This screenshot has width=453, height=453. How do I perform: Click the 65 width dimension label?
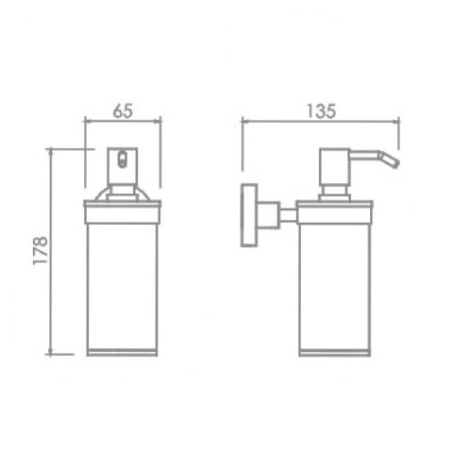[x=123, y=110]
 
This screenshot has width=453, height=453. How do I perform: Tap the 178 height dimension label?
[x=41, y=250]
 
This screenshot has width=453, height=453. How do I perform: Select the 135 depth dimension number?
[x=321, y=111]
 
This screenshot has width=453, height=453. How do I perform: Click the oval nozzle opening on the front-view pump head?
[x=122, y=159]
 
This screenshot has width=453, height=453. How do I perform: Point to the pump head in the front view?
[x=123, y=166]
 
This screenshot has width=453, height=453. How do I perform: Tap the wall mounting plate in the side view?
[x=249, y=215]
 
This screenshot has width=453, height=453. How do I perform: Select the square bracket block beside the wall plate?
[x=268, y=215]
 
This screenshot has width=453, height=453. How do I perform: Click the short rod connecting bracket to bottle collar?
[x=288, y=215]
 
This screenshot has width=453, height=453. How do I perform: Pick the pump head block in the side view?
[x=335, y=167]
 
